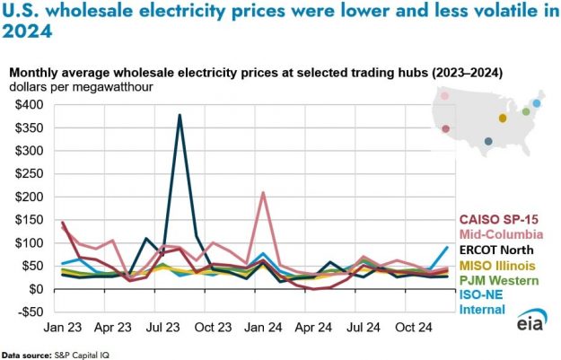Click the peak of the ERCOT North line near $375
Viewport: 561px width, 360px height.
180,116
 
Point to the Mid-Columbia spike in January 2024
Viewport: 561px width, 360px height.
263,193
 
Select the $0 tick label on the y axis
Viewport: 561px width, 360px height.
40,289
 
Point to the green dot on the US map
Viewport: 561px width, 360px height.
526,111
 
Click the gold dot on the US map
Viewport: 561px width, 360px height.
503,118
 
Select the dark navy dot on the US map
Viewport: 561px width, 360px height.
487,141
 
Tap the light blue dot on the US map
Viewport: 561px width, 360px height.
537,103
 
